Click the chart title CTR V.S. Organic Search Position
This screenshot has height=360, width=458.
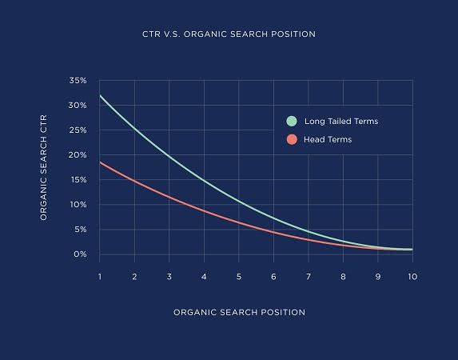[228, 34]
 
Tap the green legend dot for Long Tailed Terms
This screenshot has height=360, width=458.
[292, 122]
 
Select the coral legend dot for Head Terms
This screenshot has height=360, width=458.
[292, 139]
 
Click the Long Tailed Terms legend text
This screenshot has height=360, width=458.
[342, 122]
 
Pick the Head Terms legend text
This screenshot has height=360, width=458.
[328, 139]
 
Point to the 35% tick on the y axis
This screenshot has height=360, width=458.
[78, 81]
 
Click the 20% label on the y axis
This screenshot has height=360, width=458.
[78, 155]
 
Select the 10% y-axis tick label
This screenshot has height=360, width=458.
[78, 205]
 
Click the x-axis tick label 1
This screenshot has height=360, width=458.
[100, 276]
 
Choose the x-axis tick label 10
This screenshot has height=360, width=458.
[412, 276]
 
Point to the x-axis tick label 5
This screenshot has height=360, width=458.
[238, 276]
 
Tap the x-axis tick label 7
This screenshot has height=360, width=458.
[308, 276]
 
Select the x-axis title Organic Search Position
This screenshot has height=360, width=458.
[239, 312]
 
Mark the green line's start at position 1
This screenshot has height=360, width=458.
[100, 96]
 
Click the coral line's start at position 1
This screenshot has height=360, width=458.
[100, 162]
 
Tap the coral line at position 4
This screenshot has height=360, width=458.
[204, 210]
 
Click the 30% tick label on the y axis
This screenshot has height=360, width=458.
[78, 106]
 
